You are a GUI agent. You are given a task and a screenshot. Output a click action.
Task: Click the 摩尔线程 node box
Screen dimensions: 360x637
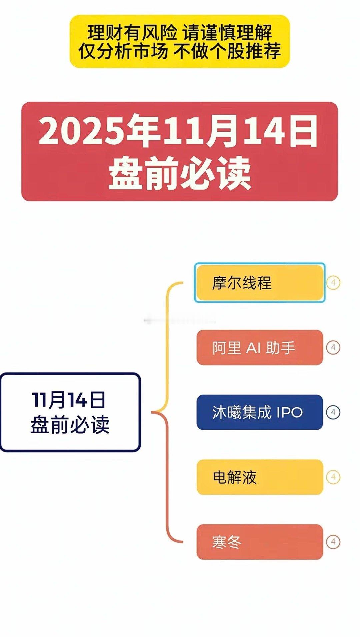259,283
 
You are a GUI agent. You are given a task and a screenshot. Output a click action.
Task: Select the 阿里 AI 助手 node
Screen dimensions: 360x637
259,348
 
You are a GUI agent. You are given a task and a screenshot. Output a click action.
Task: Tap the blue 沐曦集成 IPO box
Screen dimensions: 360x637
259,412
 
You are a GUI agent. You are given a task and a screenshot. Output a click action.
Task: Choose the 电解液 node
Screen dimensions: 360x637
259,477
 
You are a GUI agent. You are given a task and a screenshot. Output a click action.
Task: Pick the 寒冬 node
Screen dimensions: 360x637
259,542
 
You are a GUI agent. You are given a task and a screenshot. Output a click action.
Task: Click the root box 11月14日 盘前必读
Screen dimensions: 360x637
70,412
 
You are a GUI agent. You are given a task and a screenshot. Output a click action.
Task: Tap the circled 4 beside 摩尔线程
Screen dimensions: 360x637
333,283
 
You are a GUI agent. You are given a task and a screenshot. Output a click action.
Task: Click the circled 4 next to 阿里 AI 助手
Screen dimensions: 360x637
333,348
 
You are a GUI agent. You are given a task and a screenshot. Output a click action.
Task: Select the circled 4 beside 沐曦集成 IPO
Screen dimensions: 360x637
333,412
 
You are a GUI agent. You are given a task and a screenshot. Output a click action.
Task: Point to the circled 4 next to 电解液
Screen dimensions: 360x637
333,477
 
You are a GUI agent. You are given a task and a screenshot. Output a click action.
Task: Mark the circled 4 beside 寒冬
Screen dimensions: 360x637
333,542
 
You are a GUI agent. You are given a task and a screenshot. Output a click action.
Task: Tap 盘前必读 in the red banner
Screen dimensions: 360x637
180,173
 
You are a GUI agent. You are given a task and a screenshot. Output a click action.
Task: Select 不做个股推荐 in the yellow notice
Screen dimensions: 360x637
227,51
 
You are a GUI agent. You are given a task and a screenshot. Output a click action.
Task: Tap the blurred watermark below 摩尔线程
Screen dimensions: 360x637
180,321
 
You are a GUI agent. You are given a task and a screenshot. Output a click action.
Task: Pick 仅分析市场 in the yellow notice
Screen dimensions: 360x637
123,51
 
